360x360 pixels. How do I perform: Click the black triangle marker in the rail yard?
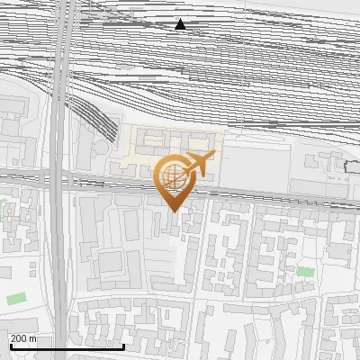tap(180, 24)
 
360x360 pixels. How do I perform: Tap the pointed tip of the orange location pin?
tap(173, 211)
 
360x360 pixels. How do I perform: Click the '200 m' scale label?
tap(22, 337)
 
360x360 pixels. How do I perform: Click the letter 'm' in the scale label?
tap(32, 337)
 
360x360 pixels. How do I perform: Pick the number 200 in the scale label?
tap(18, 337)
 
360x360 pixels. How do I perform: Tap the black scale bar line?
tap(67, 346)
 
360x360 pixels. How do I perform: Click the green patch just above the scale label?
tap(16, 298)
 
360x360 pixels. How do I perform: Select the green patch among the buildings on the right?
tap(306, 270)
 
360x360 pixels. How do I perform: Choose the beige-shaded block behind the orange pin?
tap(144, 148)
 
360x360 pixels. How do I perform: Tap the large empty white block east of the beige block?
tap(256, 162)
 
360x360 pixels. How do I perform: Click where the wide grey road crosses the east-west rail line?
tap(58, 175)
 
